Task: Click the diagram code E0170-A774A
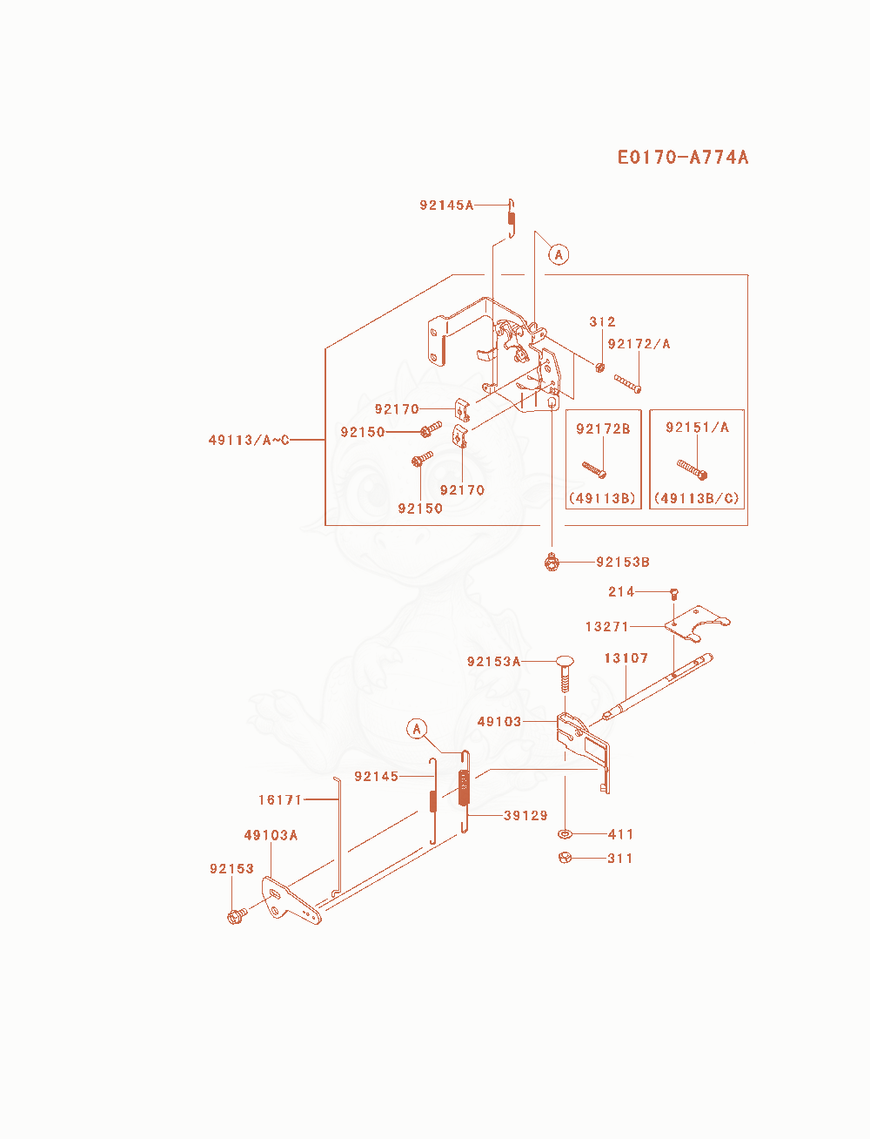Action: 683,157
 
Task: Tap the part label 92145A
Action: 446,205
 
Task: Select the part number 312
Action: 602,321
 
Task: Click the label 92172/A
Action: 639,343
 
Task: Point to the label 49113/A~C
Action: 249,440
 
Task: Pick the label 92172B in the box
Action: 603,428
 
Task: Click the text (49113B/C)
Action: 696,498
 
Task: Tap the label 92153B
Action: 623,562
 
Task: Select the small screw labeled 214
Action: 674,594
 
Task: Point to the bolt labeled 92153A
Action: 565,673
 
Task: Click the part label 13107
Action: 626,658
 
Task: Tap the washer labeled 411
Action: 565,834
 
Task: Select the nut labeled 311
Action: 565,857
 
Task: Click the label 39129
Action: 525,815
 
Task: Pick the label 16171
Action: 280,799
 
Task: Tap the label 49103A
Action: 271,835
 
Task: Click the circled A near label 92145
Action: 417,729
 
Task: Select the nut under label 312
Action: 599,367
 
